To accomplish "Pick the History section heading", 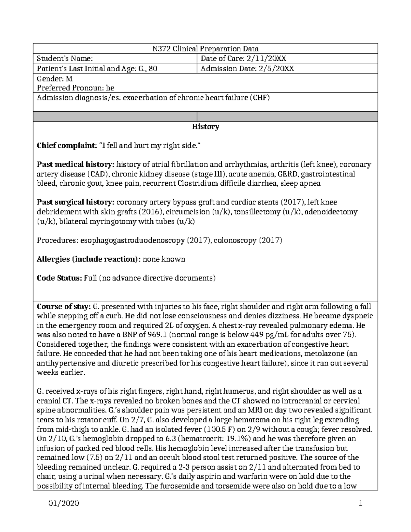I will pyautogui.click(x=205, y=127).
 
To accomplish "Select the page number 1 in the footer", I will pyautogui.click(x=360, y=504).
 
